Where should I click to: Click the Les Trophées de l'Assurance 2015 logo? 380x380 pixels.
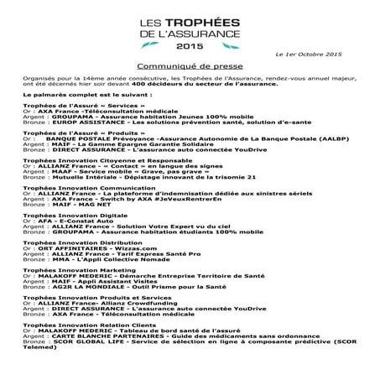pyautogui.click(x=190, y=29)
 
